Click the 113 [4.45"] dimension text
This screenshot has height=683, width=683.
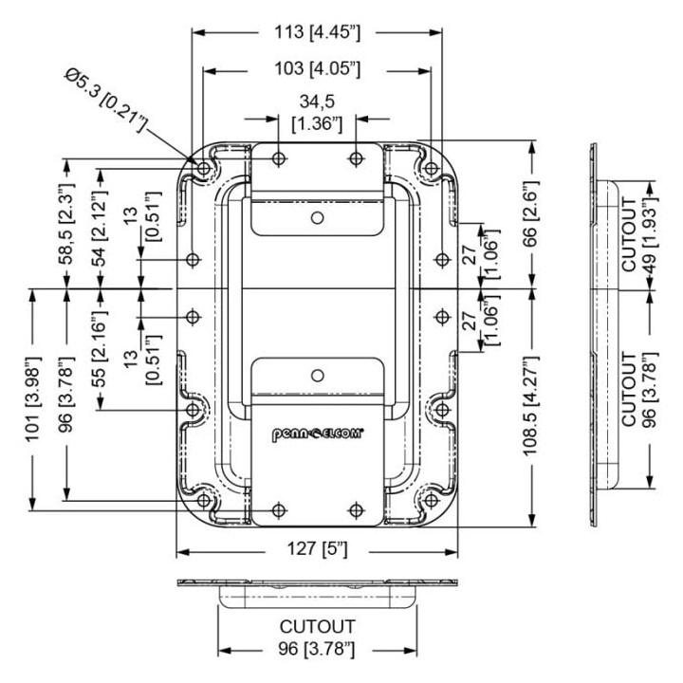point(317,32)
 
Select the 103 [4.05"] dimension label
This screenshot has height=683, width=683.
point(317,68)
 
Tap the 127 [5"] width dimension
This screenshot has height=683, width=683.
point(317,548)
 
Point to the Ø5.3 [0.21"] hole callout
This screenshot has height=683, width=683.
point(106,100)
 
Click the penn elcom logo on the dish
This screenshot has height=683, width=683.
point(318,434)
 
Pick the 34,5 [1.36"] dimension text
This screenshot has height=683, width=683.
point(317,112)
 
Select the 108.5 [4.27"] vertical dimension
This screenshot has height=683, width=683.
point(531,406)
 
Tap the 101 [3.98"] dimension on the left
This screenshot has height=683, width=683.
point(33,399)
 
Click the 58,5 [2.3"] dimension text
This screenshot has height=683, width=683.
point(66,224)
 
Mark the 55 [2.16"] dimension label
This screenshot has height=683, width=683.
point(101,347)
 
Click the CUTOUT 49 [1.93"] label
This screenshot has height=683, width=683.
point(639,235)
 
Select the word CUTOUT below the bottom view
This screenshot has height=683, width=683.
point(317,627)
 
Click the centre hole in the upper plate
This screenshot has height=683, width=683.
point(318,217)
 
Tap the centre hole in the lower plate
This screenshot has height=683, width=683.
point(318,375)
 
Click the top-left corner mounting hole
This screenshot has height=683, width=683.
point(203,168)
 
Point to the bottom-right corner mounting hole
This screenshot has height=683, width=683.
point(431,500)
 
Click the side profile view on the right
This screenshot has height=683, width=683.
point(604,335)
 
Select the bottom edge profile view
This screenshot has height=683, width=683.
point(318,593)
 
